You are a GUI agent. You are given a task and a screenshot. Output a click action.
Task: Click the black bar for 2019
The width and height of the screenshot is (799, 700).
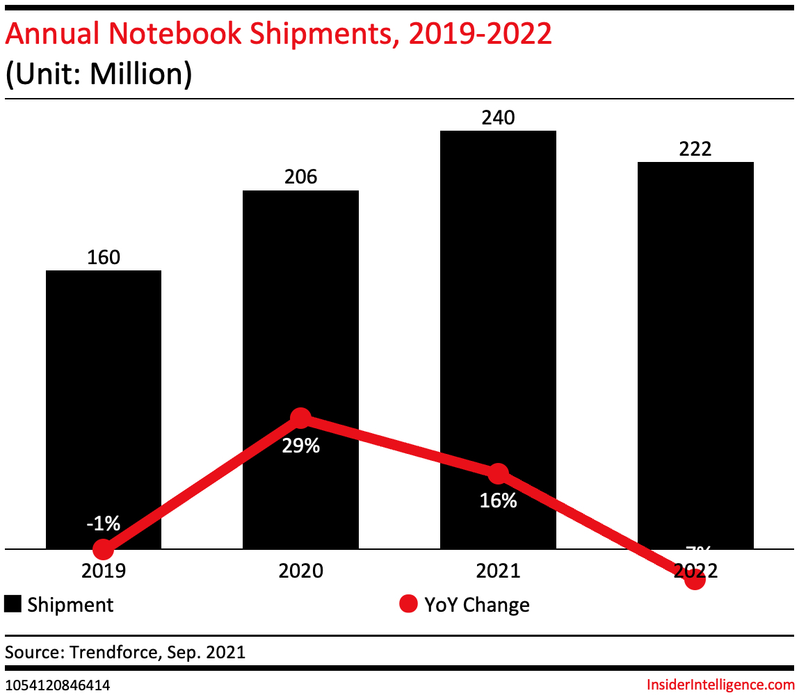104,389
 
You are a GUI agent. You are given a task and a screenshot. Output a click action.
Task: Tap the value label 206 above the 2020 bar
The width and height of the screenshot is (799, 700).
300,177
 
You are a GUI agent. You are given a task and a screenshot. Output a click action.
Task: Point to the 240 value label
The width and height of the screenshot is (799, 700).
498,117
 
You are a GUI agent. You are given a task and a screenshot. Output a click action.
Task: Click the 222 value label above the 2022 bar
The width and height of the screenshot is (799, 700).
695,149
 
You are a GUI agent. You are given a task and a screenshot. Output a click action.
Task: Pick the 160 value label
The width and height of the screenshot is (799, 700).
104,258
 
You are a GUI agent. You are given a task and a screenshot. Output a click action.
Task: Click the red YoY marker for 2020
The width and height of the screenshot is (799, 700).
300,418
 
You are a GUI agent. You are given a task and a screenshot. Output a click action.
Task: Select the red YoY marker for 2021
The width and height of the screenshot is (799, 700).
498,474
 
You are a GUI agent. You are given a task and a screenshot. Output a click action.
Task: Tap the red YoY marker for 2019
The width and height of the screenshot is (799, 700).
104,549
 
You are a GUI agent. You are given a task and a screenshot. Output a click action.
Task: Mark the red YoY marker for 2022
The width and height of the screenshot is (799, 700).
695,579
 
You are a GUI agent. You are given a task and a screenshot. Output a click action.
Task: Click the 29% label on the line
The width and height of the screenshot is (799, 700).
300,446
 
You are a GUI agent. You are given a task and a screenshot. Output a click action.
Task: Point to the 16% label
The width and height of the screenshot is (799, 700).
498,500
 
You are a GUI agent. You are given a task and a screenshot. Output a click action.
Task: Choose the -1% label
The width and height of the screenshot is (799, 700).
104,523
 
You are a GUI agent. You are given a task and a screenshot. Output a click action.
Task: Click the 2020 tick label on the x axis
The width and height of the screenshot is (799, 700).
300,571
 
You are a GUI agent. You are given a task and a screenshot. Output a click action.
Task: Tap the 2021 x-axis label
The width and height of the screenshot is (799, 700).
498,571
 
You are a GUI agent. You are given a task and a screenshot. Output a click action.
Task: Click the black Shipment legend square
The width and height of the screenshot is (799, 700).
13,604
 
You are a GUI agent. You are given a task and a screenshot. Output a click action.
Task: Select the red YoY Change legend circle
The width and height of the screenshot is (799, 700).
408,605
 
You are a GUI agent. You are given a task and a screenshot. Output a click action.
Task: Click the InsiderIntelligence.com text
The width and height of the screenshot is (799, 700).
720,685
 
